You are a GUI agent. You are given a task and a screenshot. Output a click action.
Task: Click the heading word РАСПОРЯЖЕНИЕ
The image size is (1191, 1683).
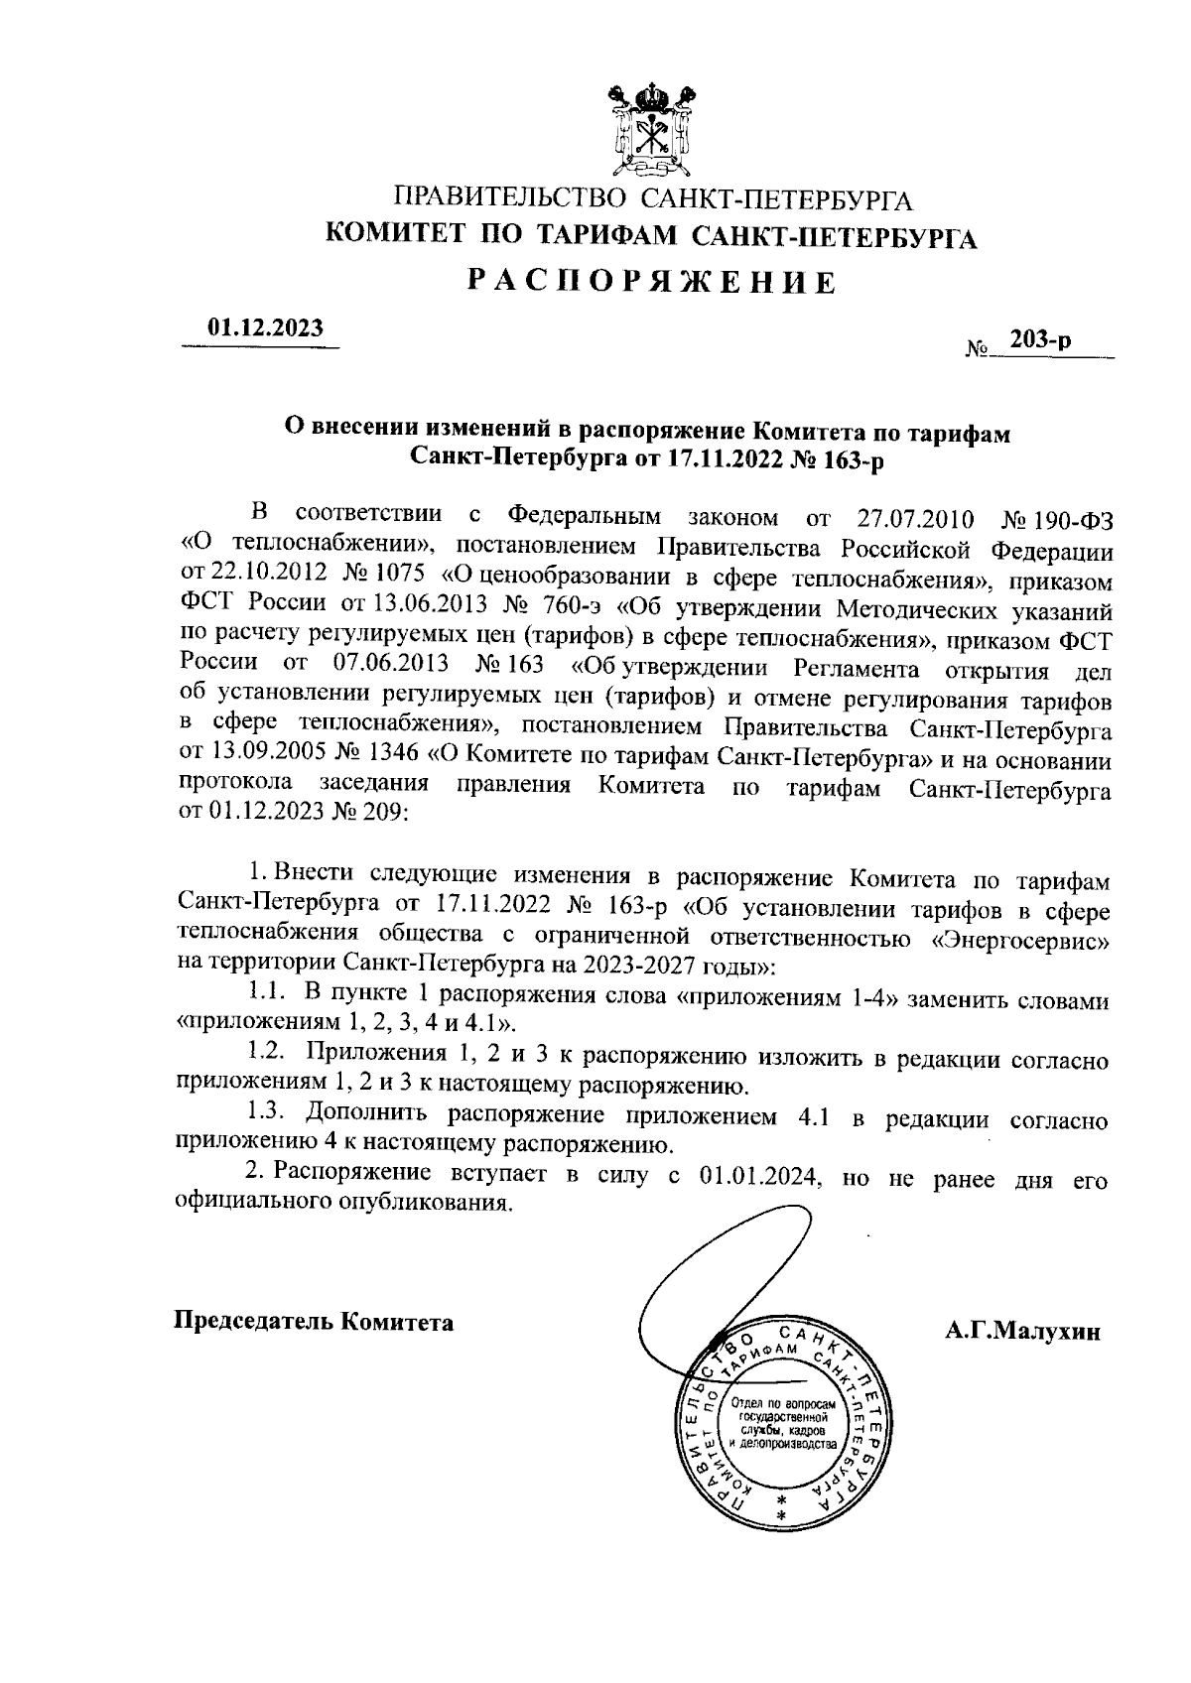(x=652, y=283)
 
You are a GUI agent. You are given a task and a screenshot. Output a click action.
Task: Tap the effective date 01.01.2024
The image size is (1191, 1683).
(x=758, y=1176)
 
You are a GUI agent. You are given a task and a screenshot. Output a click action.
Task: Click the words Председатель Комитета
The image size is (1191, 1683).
(x=315, y=1322)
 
